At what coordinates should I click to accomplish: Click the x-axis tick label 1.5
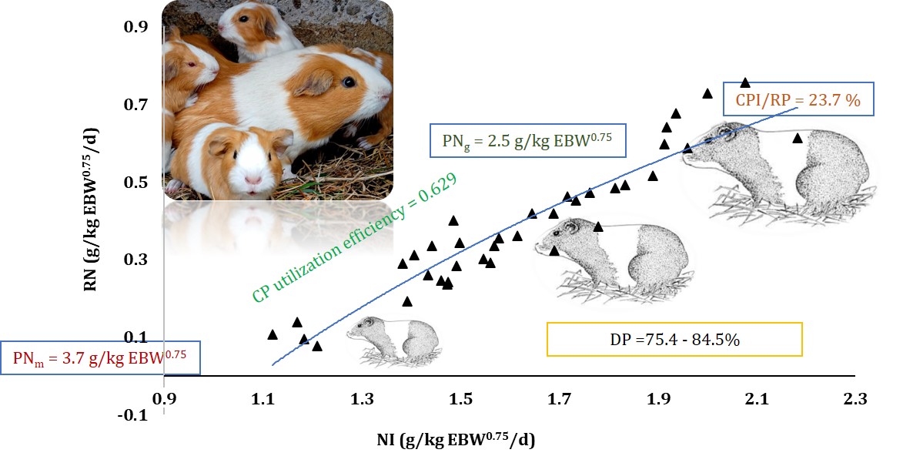[460, 399]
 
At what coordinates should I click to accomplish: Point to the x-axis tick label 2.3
[855, 399]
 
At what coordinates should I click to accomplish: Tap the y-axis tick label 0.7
[136, 104]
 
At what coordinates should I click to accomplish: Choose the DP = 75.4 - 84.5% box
[674, 339]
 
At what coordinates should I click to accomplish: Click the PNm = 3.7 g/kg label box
[100, 357]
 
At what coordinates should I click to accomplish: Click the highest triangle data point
[745, 82]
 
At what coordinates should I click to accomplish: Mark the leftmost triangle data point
[273, 334]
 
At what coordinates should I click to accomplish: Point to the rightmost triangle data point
[798, 138]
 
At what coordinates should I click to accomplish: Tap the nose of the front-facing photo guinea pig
[253, 179]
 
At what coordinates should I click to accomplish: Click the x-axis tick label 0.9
[165, 399]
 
